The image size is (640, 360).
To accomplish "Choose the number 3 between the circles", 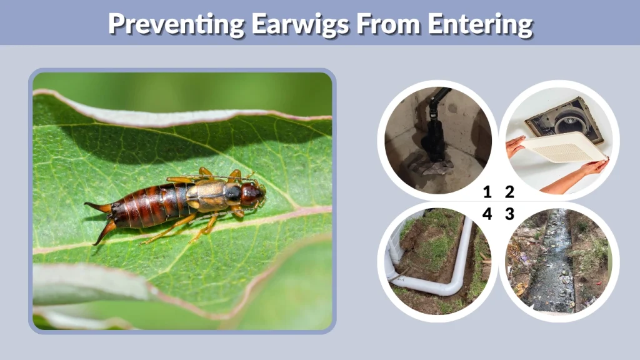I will [509, 214].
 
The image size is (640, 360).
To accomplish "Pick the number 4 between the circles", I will [487, 214].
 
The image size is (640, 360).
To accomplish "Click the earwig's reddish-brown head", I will [252, 194].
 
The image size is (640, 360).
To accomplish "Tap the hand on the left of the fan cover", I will [514, 146].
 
